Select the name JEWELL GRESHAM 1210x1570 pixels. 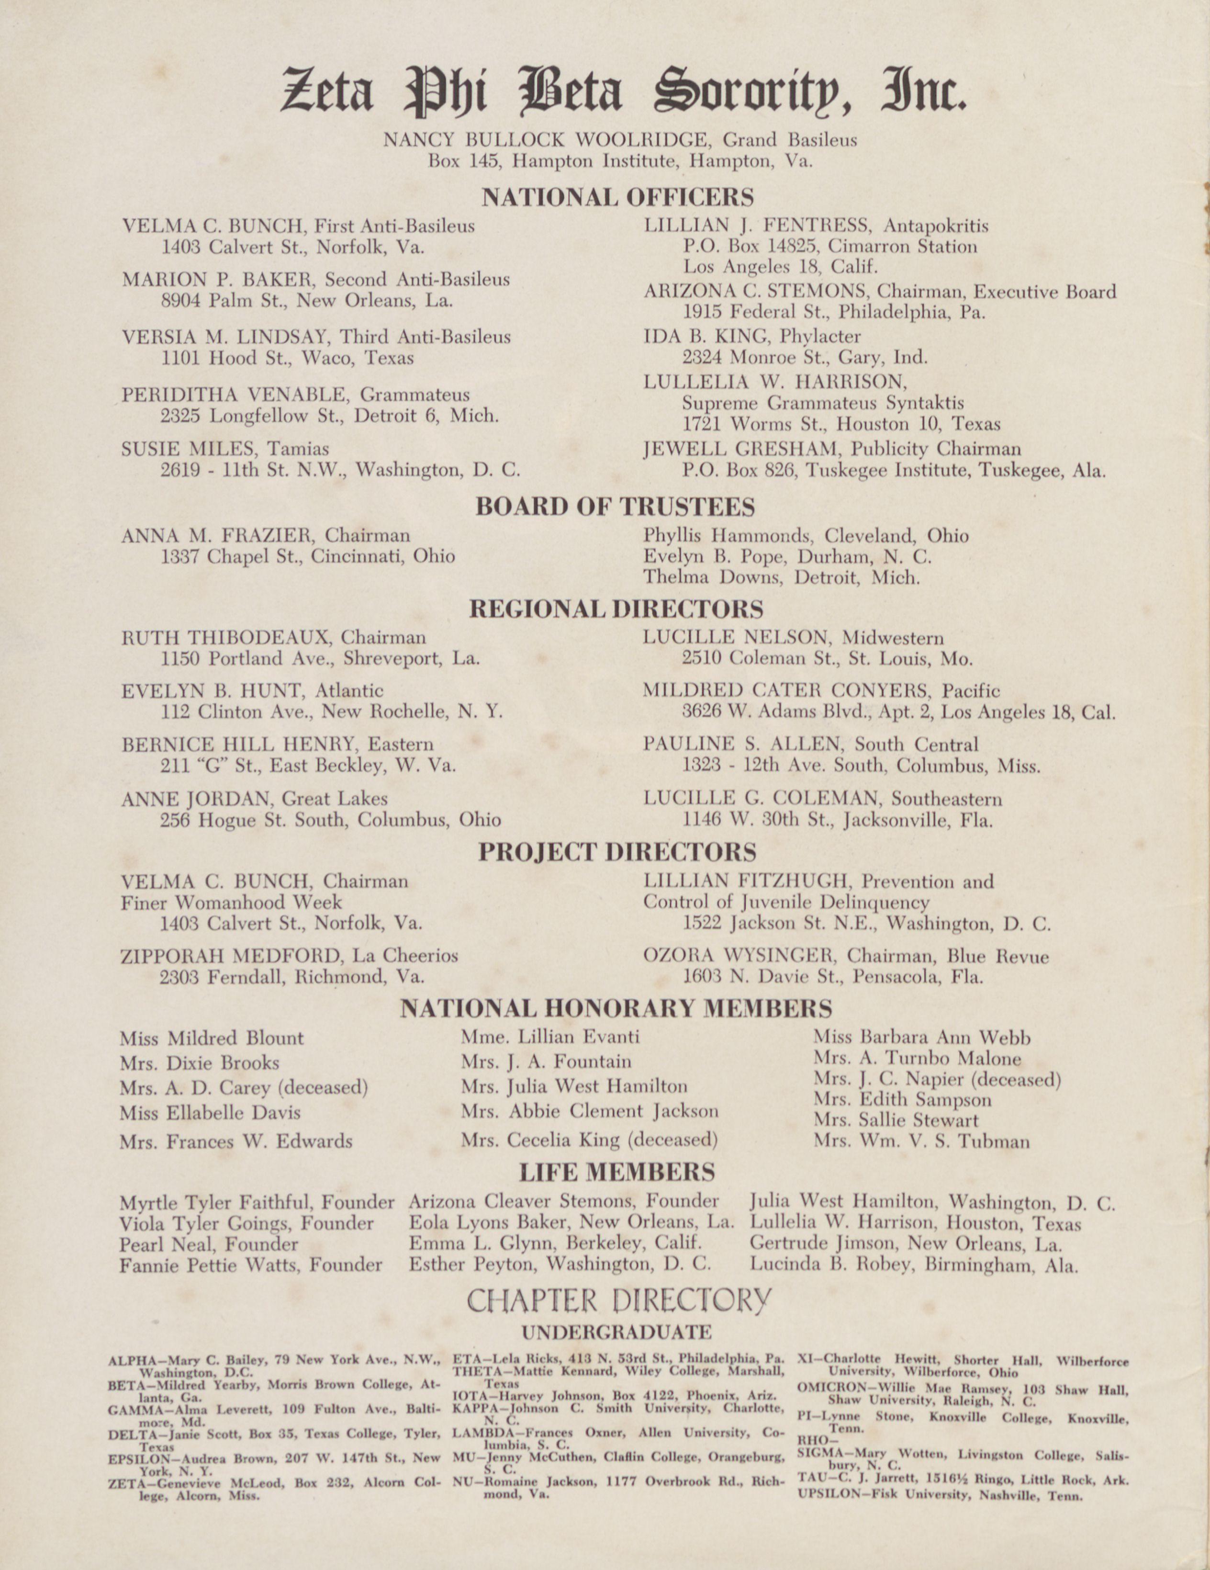click(742, 449)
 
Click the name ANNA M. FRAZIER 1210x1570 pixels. click(218, 536)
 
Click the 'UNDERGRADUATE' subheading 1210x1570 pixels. click(616, 1332)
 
